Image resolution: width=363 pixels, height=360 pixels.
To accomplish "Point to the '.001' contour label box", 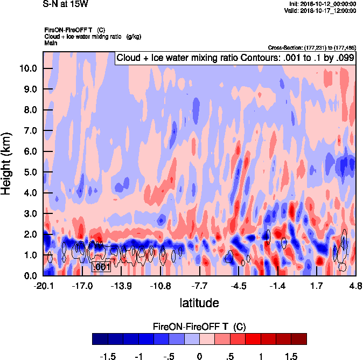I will pos(101,267).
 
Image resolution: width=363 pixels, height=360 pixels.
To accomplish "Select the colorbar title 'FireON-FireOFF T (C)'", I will pos(199,326).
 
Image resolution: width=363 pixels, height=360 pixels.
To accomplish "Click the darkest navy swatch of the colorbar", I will pos(100,338).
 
